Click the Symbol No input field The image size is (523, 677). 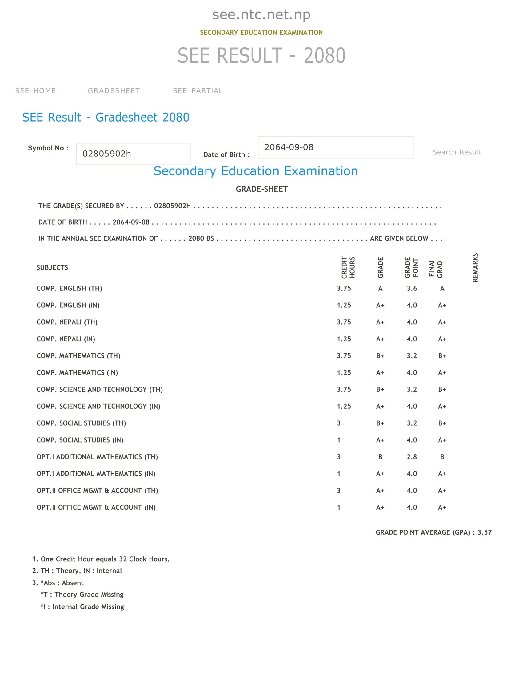click(133, 154)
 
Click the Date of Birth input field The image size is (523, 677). click(336, 147)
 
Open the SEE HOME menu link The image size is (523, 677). click(36, 91)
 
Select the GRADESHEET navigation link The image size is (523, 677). click(114, 91)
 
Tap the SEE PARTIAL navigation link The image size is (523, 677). click(198, 91)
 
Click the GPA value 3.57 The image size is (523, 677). click(484, 532)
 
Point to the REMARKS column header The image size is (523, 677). click(475, 267)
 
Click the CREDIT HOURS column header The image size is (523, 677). click(348, 267)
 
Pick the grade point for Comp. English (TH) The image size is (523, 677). click(411, 289)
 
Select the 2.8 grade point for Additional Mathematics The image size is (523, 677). click(411, 457)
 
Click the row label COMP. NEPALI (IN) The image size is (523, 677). click(66, 339)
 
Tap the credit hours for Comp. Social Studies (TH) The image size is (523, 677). click(339, 423)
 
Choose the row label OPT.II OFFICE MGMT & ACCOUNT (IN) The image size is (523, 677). click(96, 507)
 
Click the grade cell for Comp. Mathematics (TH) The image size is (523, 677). click(380, 356)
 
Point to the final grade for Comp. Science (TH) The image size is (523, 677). click(442, 390)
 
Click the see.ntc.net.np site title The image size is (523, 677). click(261, 14)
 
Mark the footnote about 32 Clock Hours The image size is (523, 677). click(101, 559)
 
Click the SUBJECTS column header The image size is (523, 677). click(52, 267)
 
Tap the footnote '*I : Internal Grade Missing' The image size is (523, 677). click(82, 607)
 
